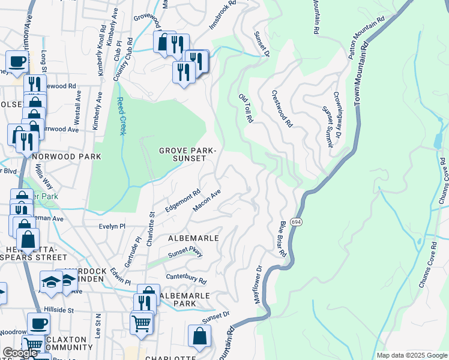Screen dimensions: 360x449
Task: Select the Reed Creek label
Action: (121, 116)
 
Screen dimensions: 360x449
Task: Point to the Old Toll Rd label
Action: (246, 109)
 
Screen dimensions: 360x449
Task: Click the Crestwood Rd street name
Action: (282, 109)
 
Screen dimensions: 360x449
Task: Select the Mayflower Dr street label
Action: (260, 284)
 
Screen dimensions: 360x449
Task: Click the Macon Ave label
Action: (207, 200)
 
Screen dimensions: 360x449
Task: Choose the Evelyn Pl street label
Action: (112, 226)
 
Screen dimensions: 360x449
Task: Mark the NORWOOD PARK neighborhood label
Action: (67, 157)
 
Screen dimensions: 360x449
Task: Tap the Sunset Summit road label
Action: (328, 127)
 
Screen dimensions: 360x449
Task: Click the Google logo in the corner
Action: (20, 353)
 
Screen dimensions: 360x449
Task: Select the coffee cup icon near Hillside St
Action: (39, 324)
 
